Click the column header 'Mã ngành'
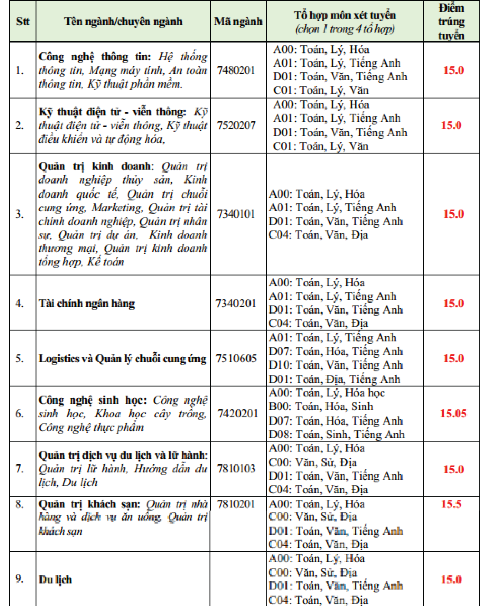point(238,21)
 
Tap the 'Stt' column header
point(23,21)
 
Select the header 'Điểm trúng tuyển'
point(451,21)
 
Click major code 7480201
point(236,70)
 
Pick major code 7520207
point(236,125)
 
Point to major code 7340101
point(236,214)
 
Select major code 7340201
point(236,303)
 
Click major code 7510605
point(236,358)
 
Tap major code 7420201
point(238,413)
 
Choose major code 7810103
point(236,468)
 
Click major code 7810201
point(236,504)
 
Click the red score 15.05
point(453,413)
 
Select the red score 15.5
point(451,504)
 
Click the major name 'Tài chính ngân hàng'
point(87,303)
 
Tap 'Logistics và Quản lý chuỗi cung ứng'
point(122,359)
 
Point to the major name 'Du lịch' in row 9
point(55,580)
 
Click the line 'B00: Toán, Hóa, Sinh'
point(321,406)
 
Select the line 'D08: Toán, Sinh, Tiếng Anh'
point(337,434)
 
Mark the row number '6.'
point(20,413)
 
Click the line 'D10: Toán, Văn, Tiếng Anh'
point(336,365)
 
